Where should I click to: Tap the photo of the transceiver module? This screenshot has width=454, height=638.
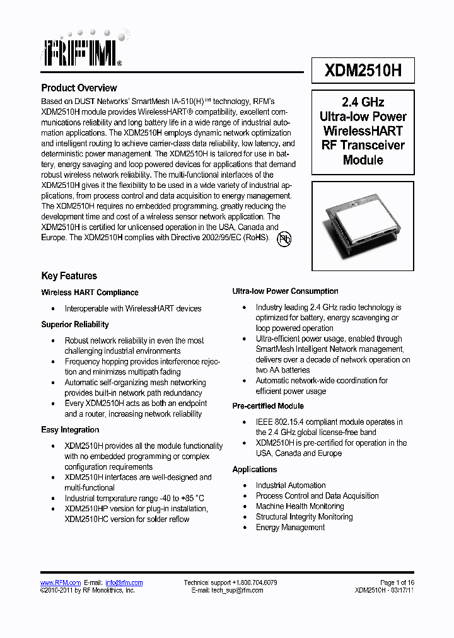[x=363, y=221]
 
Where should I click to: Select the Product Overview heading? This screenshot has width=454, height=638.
[x=79, y=88]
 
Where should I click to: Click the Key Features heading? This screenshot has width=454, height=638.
[x=69, y=275]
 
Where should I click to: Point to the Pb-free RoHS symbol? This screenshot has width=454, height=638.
[x=284, y=240]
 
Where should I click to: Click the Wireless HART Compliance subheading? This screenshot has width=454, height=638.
[x=90, y=293]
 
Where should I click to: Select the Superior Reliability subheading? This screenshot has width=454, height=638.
[x=75, y=324]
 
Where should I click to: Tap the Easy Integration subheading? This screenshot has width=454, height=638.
[x=70, y=430]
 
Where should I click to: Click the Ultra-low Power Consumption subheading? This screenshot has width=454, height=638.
[x=285, y=291]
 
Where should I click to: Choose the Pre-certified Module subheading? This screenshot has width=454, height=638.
[x=268, y=406]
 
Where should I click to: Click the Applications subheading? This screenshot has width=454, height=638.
[x=255, y=470]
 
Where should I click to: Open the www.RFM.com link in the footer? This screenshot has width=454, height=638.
[x=61, y=583]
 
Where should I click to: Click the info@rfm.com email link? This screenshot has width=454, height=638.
[x=124, y=583]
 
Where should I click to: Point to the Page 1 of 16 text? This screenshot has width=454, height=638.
[x=397, y=583]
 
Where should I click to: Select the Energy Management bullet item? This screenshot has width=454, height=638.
[x=290, y=527]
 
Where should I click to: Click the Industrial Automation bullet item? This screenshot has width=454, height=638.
[x=291, y=485]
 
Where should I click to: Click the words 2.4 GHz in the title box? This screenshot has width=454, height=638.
[x=363, y=102]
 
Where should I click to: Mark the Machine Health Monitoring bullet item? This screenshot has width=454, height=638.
[x=300, y=506]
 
